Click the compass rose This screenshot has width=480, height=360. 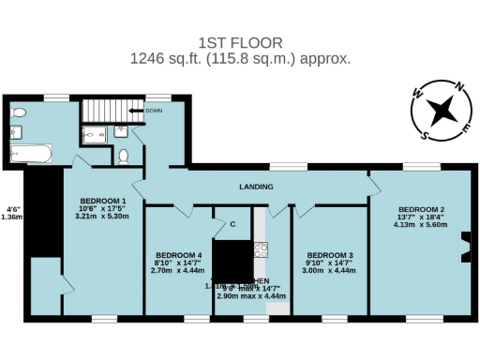click(x=437, y=110)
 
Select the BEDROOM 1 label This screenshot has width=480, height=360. click(x=103, y=202)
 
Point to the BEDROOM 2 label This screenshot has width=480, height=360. click(x=421, y=209)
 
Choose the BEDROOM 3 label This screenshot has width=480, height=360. click(x=330, y=255)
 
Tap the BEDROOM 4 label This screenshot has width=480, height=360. click(x=178, y=255)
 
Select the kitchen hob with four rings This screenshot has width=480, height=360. click(x=261, y=249)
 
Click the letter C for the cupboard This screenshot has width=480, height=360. click(x=231, y=224)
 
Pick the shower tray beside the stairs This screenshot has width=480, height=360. click(x=97, y=136)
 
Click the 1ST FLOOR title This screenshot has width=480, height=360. click(x=240, y=42)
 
